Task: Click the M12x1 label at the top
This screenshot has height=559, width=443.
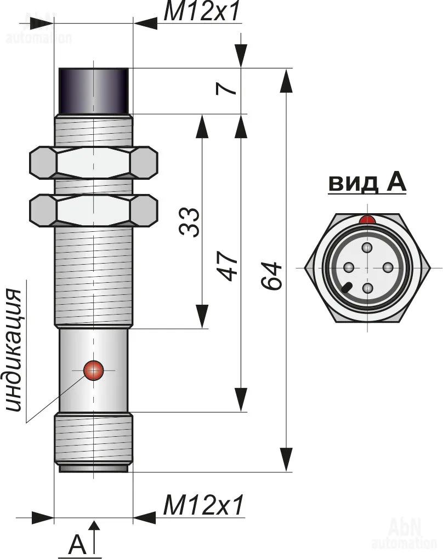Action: [202, 12]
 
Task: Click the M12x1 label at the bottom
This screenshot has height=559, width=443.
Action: [203, 505]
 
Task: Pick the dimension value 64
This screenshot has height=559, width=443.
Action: [271, 276]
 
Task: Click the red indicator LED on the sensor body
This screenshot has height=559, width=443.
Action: [94, 370]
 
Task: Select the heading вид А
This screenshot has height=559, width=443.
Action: [367, 183]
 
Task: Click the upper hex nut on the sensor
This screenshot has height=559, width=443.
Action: [94, 162]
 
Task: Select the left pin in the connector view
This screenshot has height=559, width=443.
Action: [348, 267]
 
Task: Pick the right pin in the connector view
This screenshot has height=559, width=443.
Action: [387, 267]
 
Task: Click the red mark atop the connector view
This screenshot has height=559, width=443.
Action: [367, 220]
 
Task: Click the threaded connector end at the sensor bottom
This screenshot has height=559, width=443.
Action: [94, 442]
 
